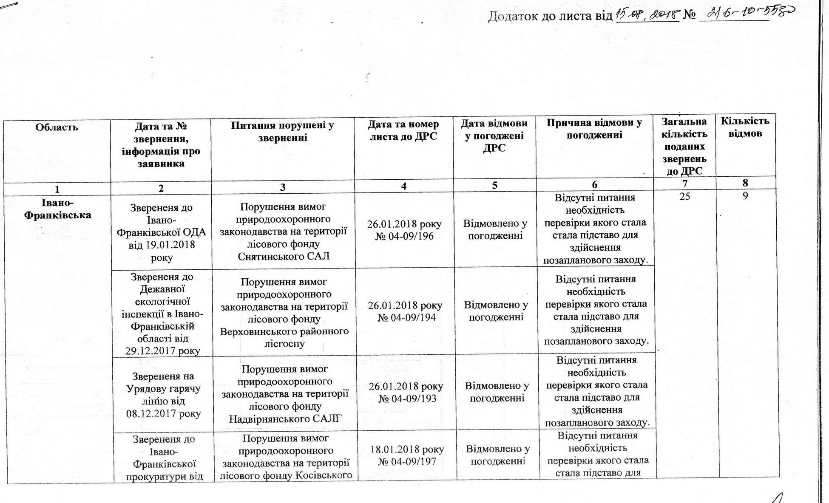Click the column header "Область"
[x=57, y=127]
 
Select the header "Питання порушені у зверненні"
[x=282, y=131]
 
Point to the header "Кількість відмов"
[x=745, y=127]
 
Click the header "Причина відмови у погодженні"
[x=594, y=129]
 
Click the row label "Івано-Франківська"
[x=57, y=209]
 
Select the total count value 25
[x=684, y=197]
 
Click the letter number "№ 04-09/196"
[x=404, y=236]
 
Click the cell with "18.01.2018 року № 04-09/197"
[x=407, y=455]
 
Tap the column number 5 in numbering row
[x=494, y=186]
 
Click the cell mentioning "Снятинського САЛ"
[x=283, y=232]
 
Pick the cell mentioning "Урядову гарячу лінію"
[x=163, y=395]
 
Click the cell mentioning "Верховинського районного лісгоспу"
[x=284, y=313]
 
